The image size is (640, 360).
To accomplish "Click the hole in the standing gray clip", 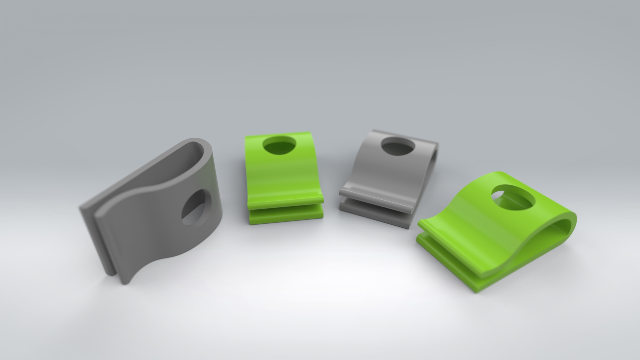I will pos(196,208).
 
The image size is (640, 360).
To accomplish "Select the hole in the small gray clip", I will pos(398,146).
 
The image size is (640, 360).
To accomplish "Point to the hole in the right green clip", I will pos(513,198).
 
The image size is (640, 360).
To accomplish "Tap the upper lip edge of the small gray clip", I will pos(377,198).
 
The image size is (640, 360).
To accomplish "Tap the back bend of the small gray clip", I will pos(433,157).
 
